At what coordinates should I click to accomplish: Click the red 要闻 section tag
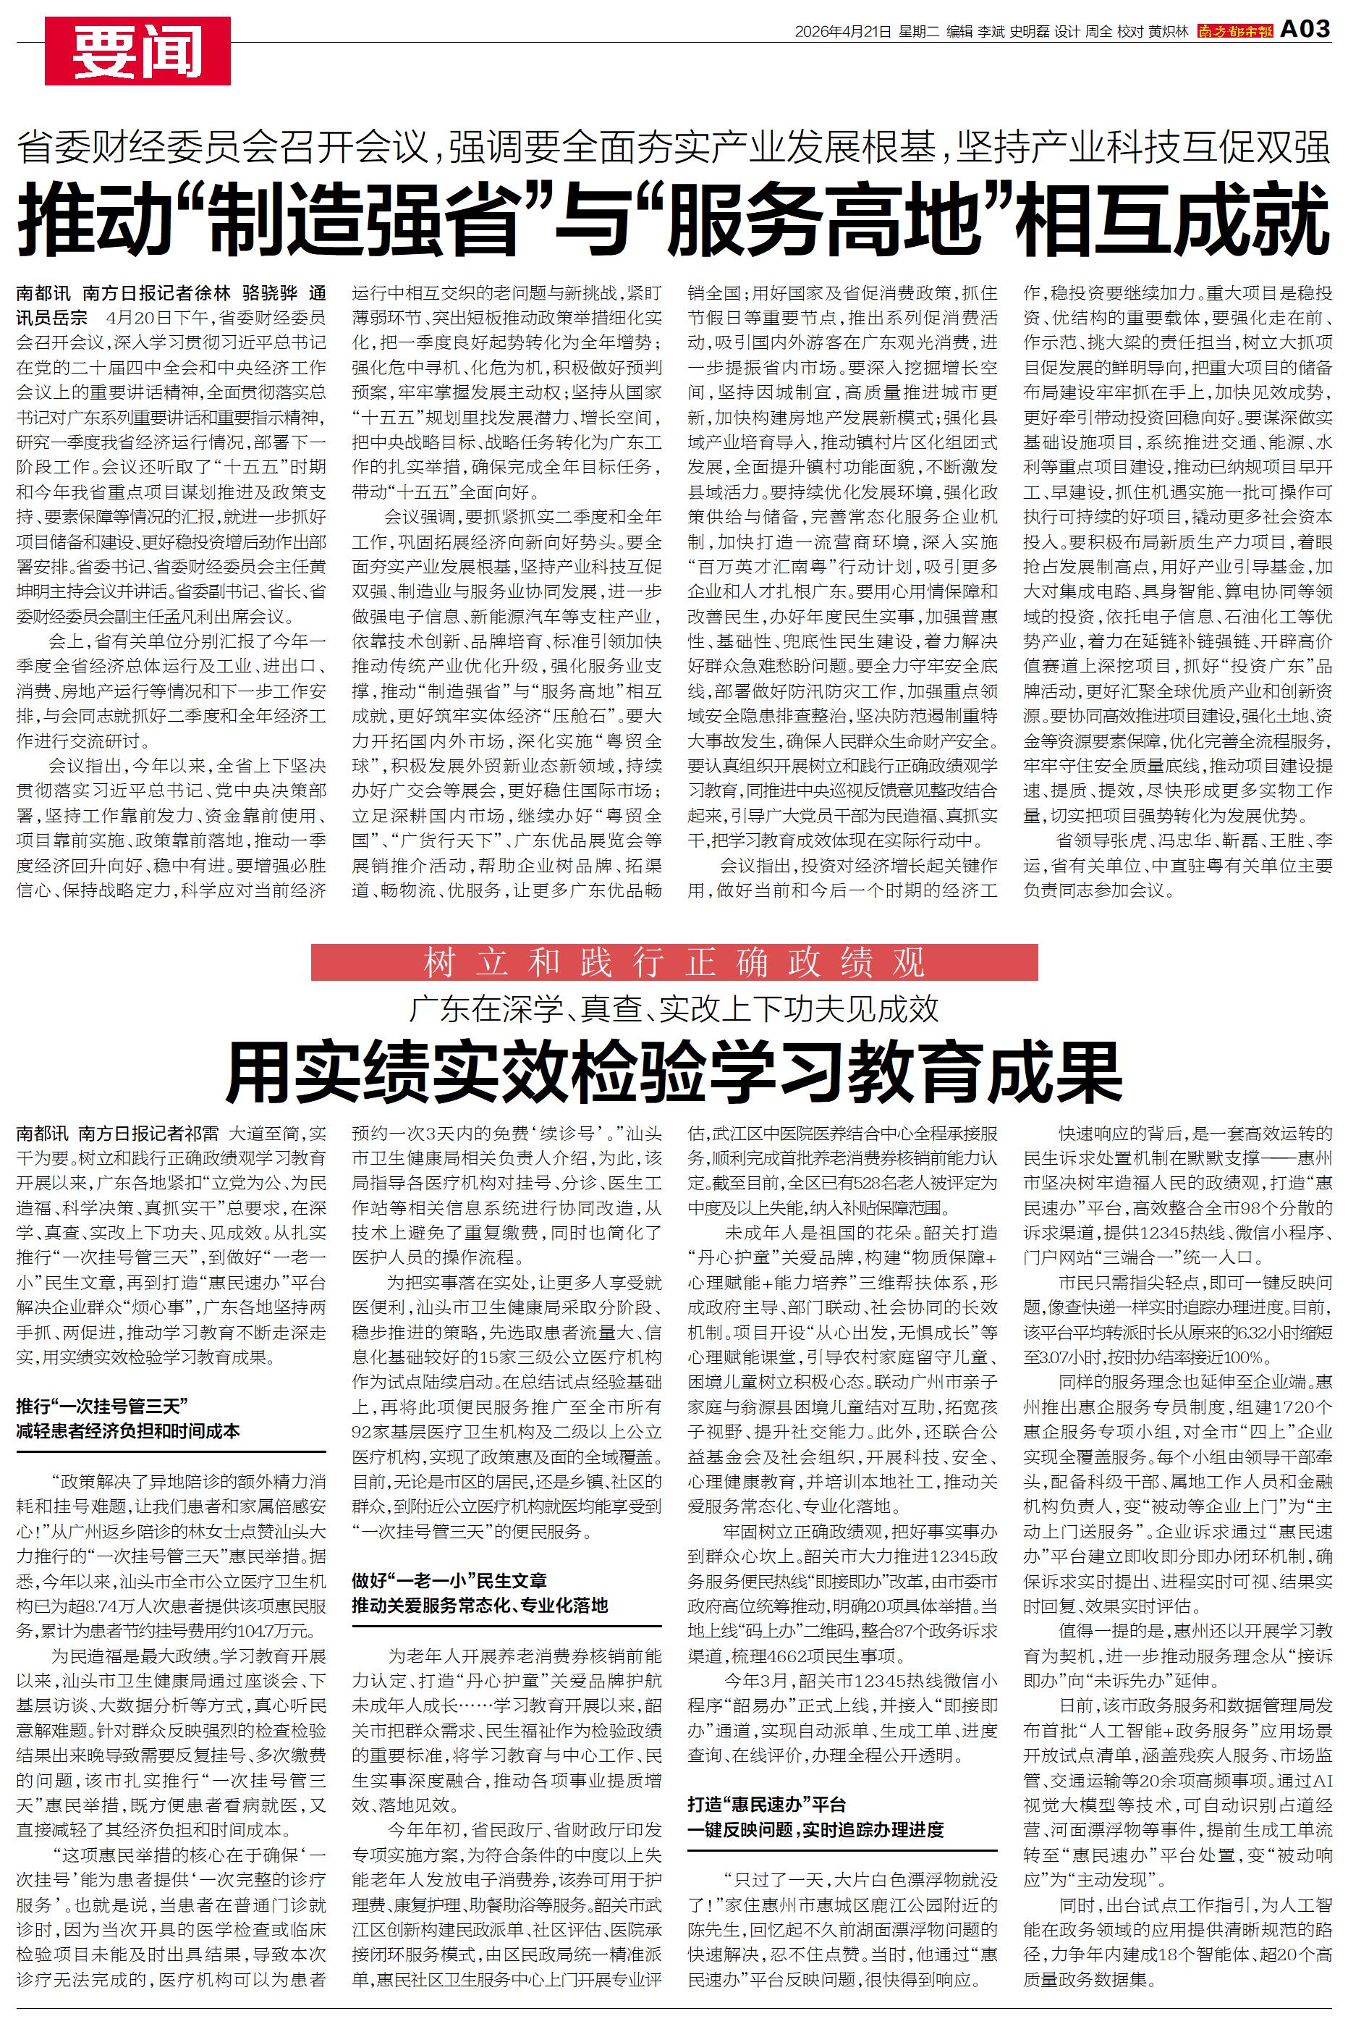click(137, 51)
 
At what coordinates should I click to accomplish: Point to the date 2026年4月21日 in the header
click(842, 32)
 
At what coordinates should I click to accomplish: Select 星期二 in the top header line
click(918, 32)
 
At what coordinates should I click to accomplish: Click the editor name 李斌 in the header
click(991, 32)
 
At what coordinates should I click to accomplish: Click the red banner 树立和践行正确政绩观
click(674, 963)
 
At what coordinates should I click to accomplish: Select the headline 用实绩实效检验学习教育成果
click(674, 1071)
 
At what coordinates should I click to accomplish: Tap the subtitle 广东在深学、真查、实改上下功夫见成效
click(674, 1008)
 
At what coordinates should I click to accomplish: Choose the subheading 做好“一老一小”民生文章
click(449, 1580)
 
